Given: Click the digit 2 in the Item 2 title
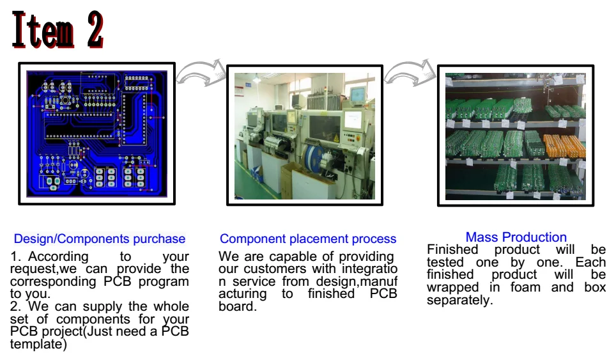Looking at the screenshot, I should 94,31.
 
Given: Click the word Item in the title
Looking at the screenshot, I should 42,31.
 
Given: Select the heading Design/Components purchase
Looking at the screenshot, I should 100,239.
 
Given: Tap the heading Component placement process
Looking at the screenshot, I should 308,239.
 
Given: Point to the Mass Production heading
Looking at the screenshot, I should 516,238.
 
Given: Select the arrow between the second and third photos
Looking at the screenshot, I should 410,73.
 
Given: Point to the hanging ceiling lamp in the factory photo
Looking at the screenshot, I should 257,81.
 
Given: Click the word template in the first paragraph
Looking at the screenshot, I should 37,344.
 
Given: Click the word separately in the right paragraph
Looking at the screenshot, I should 459,300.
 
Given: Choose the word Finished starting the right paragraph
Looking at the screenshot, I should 452,249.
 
